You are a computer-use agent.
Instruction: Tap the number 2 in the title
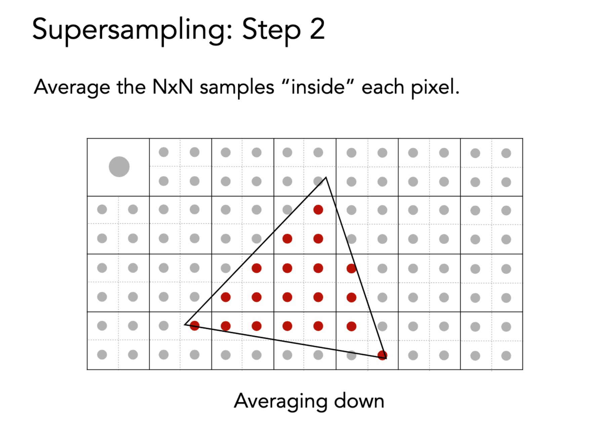point(317,29)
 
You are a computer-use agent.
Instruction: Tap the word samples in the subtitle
point(237,88)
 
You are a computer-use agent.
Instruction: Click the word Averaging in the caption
point(280,402)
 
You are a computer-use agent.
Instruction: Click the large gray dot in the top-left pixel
point(119,166)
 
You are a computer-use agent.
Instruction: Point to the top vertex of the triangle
point(326,178)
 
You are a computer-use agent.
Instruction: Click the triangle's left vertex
point(185,324)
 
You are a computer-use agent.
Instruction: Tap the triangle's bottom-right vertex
point(386,358)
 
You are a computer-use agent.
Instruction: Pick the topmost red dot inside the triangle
point(318,210)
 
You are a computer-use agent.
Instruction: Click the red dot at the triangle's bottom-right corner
point(382,355)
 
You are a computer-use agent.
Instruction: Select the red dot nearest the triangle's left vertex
point(195,325)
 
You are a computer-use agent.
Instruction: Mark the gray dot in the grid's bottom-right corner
point(506,355)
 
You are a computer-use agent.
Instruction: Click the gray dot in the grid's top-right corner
point(506,153)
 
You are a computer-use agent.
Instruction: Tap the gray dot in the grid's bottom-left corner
point(102,355)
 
